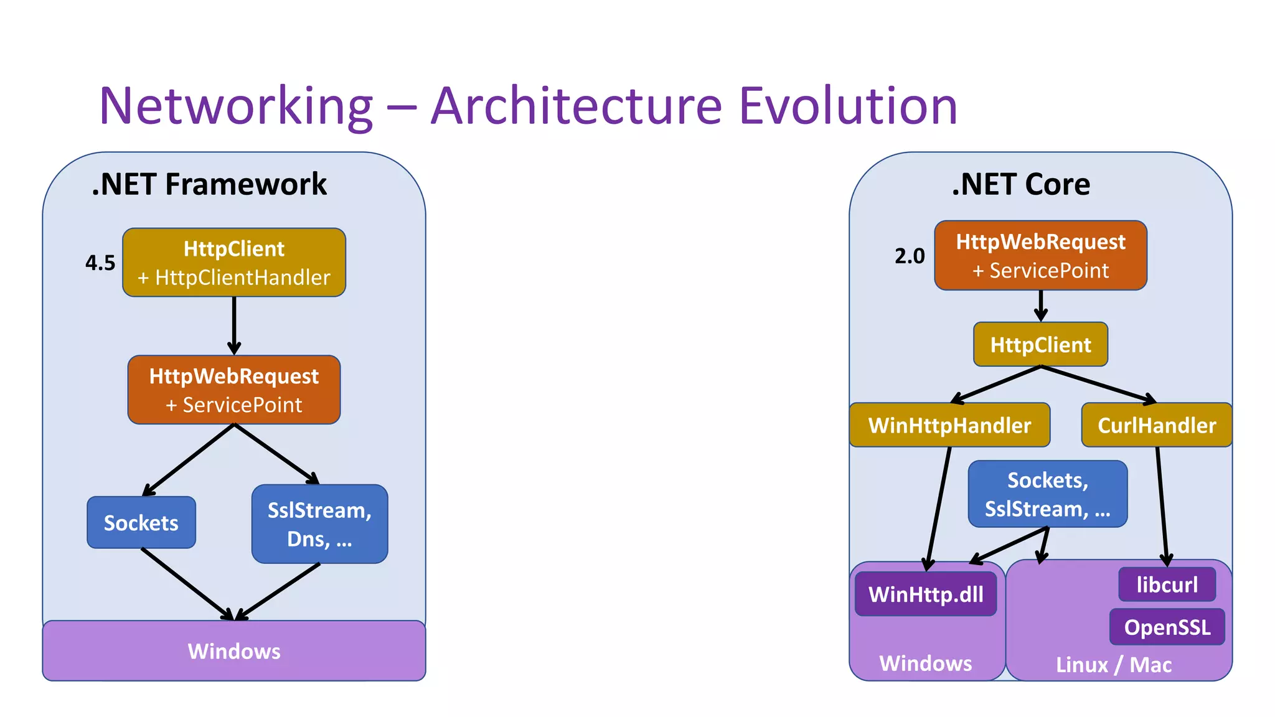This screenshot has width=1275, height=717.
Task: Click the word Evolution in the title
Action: [848, 106]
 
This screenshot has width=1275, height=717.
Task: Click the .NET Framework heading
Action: [209, 184]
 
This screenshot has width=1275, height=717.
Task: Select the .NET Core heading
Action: [1021, 184]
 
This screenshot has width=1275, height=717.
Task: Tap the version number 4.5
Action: [100, 263]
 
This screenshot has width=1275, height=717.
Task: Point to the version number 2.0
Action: [910, 256]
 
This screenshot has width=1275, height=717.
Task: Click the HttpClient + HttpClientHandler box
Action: [234, 263]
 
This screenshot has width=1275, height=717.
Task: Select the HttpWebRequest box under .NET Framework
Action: [234, 390]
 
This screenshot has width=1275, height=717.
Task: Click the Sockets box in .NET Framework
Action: [141, 523]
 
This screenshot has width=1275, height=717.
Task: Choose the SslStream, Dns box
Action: [319, 524]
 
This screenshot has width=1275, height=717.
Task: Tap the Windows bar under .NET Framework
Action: [234, 651]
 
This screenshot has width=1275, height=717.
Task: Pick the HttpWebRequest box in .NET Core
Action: [1040, 255]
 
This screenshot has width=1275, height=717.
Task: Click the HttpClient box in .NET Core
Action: [1040, 344]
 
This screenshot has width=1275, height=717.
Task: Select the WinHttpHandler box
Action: [949, 425]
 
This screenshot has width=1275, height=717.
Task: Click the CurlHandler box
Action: [1156, 425]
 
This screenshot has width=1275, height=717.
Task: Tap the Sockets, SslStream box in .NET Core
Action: [1048, 494]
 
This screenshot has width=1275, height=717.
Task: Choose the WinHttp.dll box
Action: [926, 594]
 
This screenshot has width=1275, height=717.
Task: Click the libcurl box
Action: [1167, 584]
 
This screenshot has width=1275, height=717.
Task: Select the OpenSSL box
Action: [1167, 627]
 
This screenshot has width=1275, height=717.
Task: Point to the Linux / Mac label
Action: [1114, 665]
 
